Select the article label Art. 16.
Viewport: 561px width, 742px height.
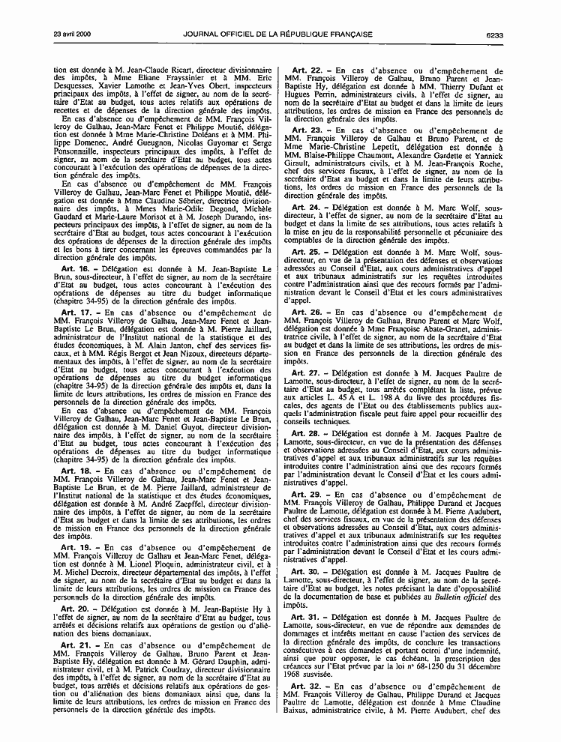tap(74, 268)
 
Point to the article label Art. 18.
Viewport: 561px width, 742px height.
tap(74, 471)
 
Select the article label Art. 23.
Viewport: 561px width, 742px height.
tap(304, 130)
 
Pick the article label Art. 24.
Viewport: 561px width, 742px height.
tap(304, 208)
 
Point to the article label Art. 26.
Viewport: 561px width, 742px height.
tap(304, 311)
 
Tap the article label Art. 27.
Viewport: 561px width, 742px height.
tap(304, 372)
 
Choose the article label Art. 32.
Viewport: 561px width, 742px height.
tap(304, 686)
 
